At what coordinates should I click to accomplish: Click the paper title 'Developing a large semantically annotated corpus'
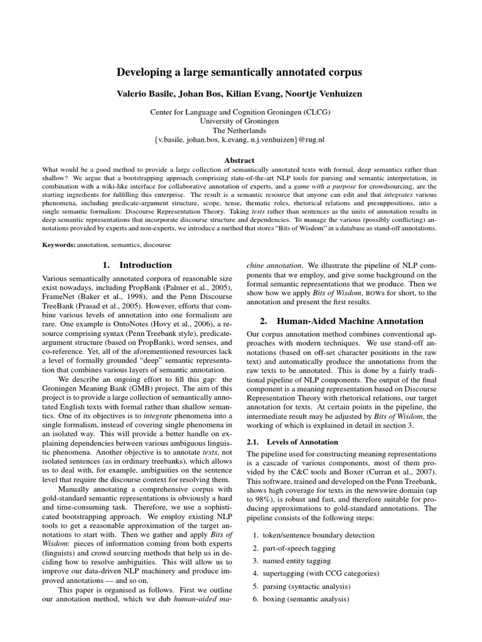click(x=240, y=73)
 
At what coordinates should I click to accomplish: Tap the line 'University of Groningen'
click(x=240, y=120)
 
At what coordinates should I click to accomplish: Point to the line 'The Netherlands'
click(x=240, y=130)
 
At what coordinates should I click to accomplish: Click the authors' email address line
click(x=240, y=139)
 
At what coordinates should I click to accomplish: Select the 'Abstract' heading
click(x=240, y=160)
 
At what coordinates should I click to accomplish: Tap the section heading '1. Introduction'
click(x=137, y=265)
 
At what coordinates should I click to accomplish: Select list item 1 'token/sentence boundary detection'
click(x=320, y=535)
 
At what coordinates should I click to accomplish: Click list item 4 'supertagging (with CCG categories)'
click(x=324, y=574)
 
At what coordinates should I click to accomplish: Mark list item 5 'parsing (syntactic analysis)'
click(x=306, y=587)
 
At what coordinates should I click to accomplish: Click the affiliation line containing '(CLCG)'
click(x=240, y=112)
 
